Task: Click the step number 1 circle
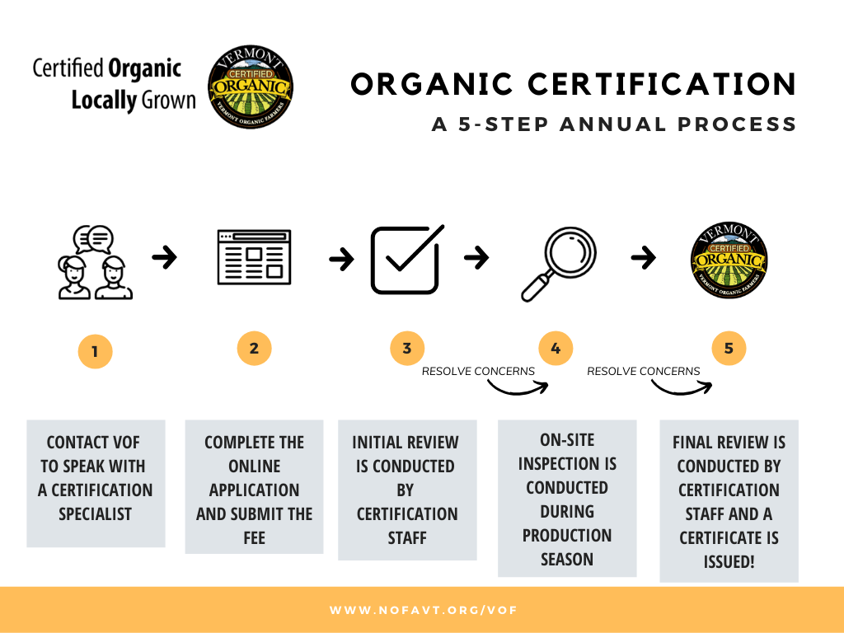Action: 96,351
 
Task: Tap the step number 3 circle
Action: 407,349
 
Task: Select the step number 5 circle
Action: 729,349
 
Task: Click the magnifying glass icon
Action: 559,264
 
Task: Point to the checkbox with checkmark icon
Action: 407,260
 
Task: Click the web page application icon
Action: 254,257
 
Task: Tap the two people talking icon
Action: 96,262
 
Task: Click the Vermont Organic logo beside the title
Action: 251,87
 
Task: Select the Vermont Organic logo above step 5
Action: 729,260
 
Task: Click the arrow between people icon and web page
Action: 164,257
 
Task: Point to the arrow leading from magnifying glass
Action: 643,257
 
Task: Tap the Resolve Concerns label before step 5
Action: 643,371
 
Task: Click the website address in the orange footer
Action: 423,610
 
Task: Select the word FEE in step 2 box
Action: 254,537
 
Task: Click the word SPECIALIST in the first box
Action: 96,514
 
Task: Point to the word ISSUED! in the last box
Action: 729,561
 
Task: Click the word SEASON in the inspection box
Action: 567,560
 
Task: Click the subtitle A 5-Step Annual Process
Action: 613,124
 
